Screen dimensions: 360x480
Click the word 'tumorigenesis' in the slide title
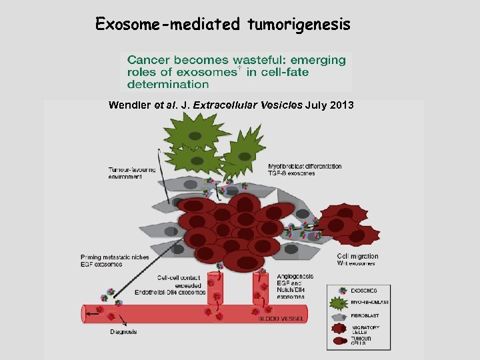299,25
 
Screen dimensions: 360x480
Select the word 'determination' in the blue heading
168,84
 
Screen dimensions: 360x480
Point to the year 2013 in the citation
340,105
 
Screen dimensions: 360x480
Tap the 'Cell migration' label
357,257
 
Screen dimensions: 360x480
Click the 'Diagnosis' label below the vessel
124,331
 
